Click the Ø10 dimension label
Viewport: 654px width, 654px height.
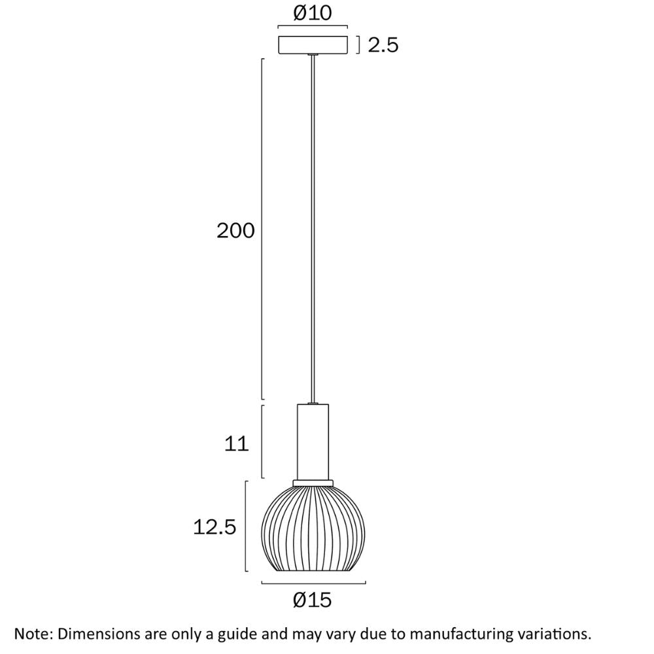[313, 13]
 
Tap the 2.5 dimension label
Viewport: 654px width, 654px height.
[383, 45]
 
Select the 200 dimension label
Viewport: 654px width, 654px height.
[235, 230]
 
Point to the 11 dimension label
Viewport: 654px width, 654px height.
[237, 444]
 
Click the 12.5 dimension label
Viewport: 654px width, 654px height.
[215, 526]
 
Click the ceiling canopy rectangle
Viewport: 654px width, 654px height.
[313, 44]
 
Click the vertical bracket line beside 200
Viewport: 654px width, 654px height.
[263, 229]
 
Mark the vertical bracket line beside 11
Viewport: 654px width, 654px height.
[263, 441]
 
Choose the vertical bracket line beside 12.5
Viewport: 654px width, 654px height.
[246, 526]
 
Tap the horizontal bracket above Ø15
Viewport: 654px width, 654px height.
[313, 583]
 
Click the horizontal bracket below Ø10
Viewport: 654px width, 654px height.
[313, 27]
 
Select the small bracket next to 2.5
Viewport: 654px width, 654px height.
[358, 45]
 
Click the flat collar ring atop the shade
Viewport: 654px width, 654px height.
[313, 483]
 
